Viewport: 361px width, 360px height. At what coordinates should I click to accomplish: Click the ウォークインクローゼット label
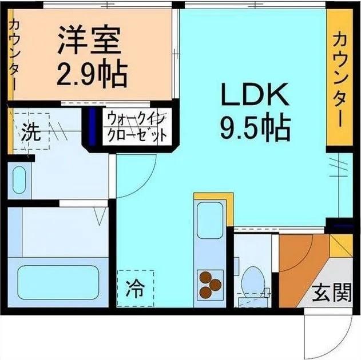coord(136,128)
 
